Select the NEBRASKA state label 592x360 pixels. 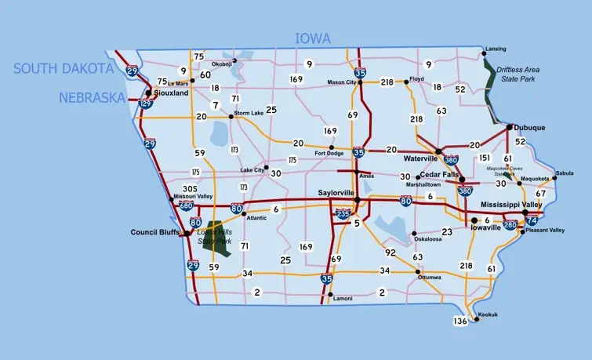click(x=93, y=98)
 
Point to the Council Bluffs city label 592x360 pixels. click(x=156, y=233)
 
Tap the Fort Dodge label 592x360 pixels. click(x=330, y=155)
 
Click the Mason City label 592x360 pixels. click(x=342, y=82)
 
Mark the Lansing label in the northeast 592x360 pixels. click(x=495, y=49)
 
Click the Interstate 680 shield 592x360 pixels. click(x=186, y=206)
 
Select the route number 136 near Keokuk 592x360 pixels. click(x=460, y=322)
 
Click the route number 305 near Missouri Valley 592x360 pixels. click(x=189, y=189)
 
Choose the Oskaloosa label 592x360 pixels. click(x=430, y=240)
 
